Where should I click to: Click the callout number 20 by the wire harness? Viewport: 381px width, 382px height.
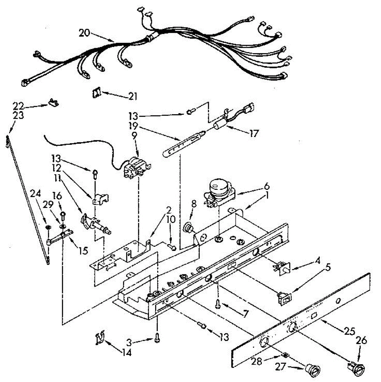point(84,33)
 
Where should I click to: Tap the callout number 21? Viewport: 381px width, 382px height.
point(133,96)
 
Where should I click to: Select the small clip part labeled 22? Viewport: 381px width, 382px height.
point(53,103)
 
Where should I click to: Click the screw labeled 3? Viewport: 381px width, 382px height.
point(157,338)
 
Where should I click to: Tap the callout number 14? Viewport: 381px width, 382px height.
point(126,353)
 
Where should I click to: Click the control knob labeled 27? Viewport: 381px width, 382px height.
point(313,369)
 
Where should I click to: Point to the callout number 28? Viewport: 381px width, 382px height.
point(257,361)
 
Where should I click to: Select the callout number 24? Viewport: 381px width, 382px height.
point(35,194)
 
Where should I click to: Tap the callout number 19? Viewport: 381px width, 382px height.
point(133,125)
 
